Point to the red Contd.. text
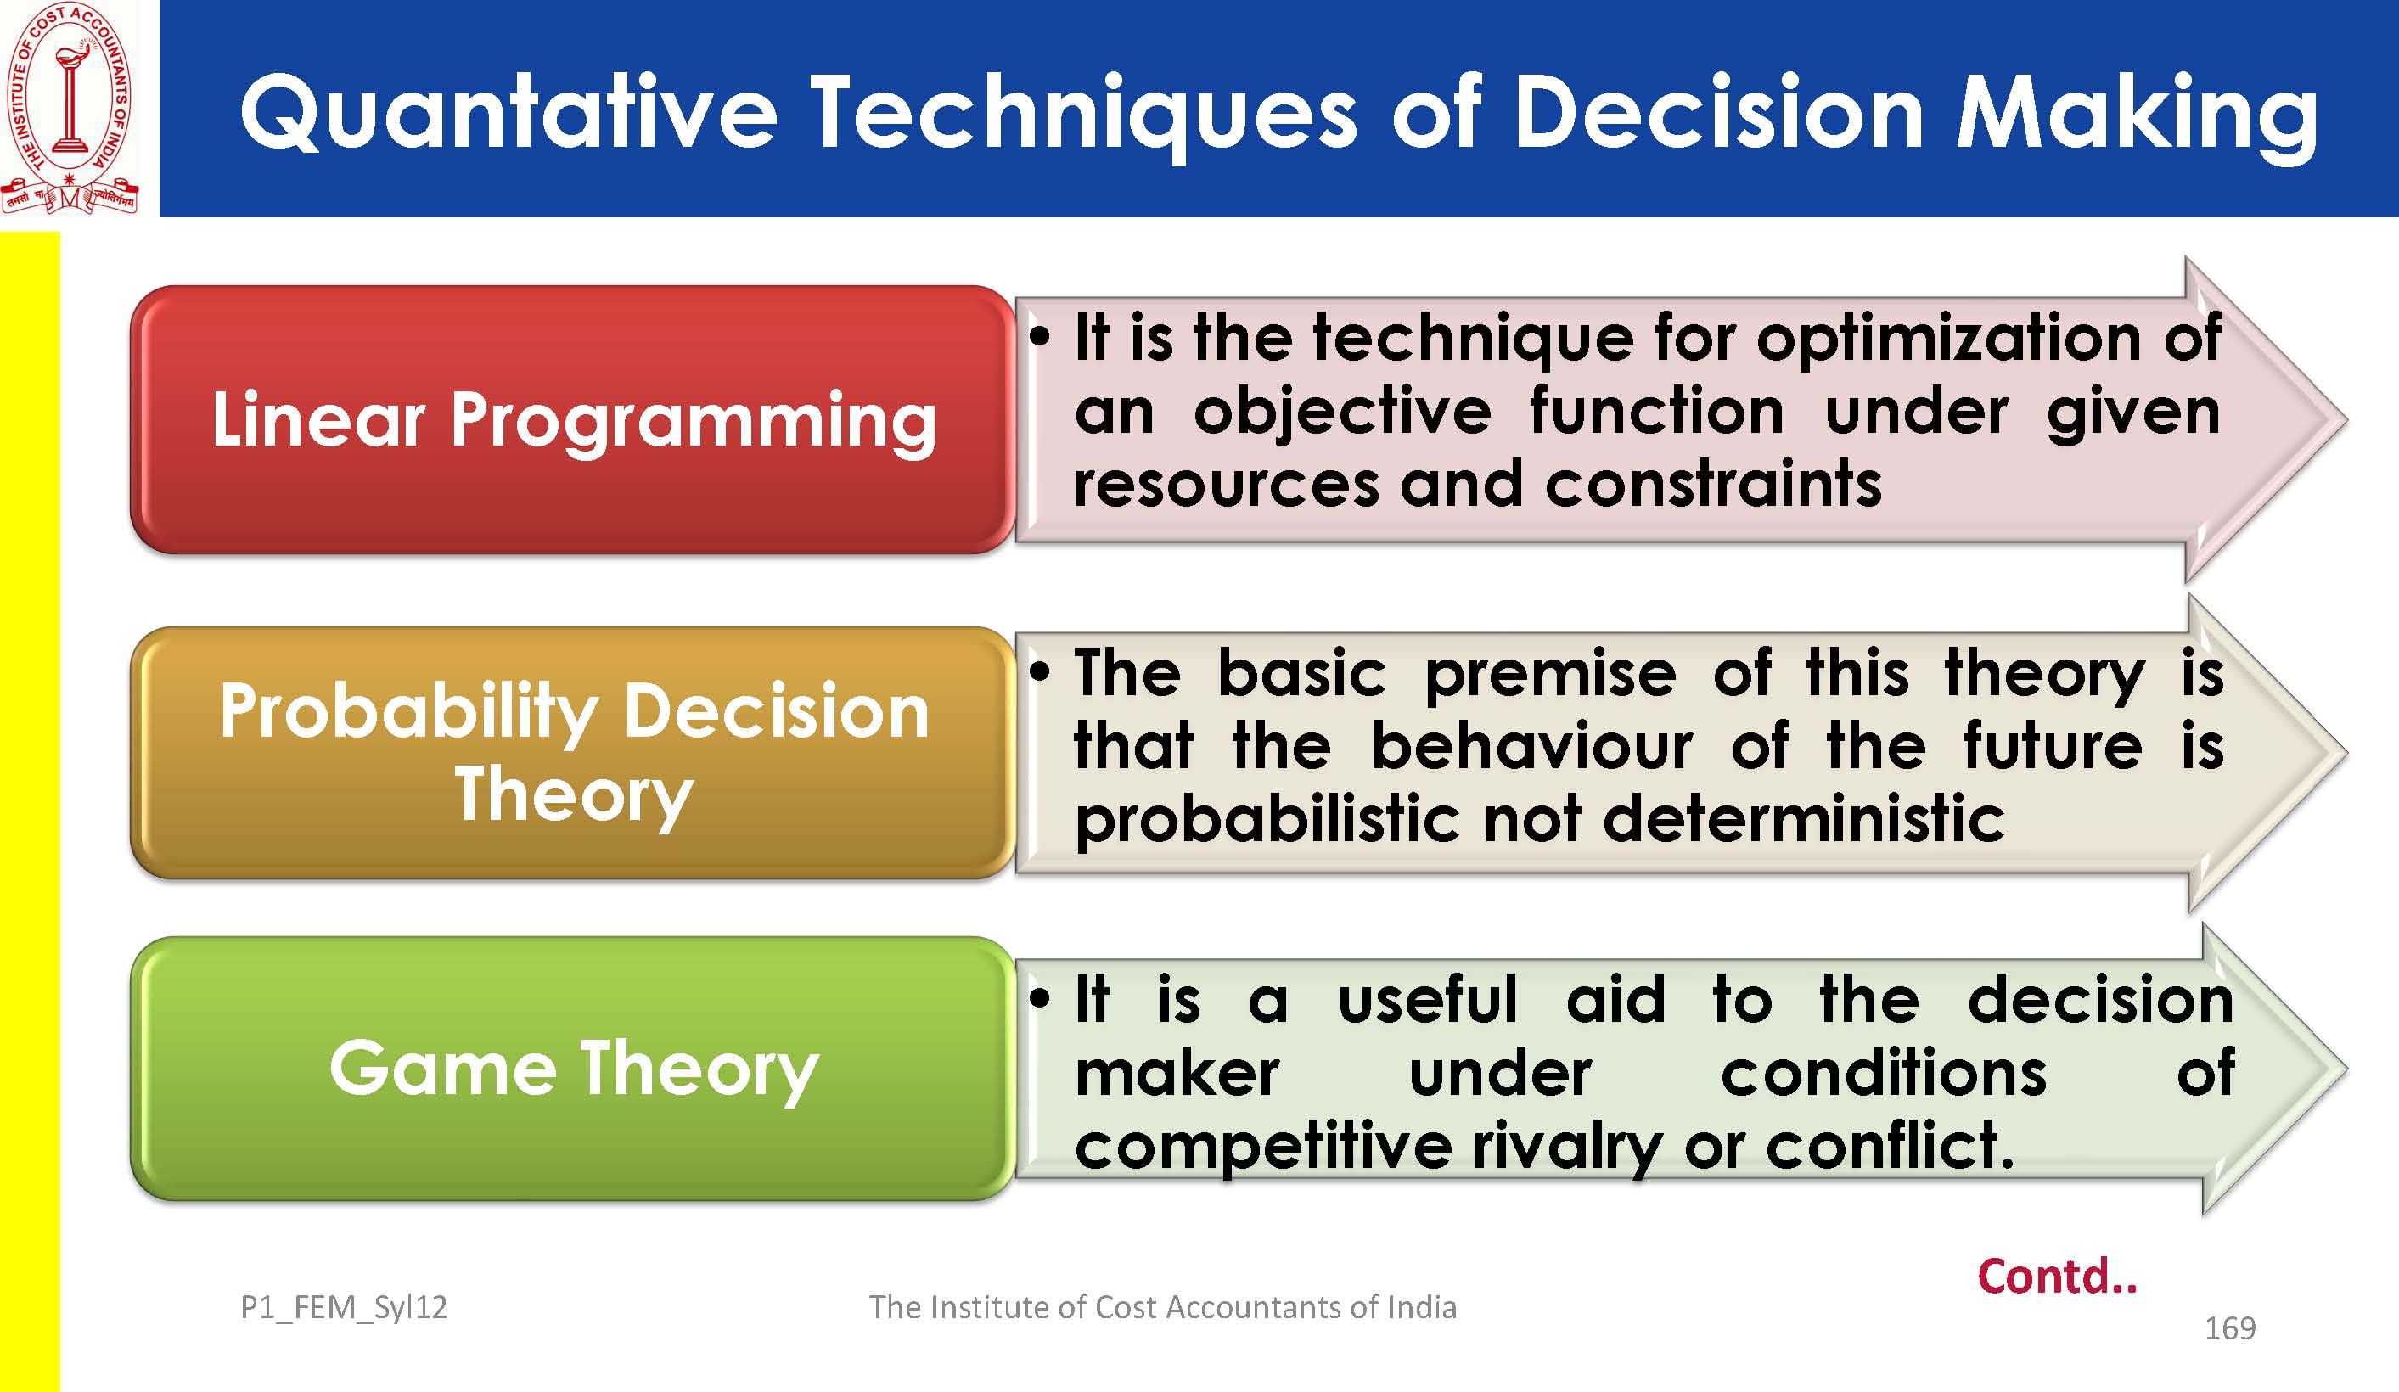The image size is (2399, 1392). click(x=2056, y=1276)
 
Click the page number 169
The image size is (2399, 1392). click(x=2229, y=1328)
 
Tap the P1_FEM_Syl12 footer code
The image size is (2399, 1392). click(x=344, y=1308)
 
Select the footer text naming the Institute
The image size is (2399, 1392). click(x=1162, y=1307)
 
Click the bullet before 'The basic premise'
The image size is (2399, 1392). click(x=1040, y=671)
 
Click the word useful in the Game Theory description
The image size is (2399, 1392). click(x=1427, y=1000)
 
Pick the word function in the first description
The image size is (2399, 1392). click(x=1656, y=413)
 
